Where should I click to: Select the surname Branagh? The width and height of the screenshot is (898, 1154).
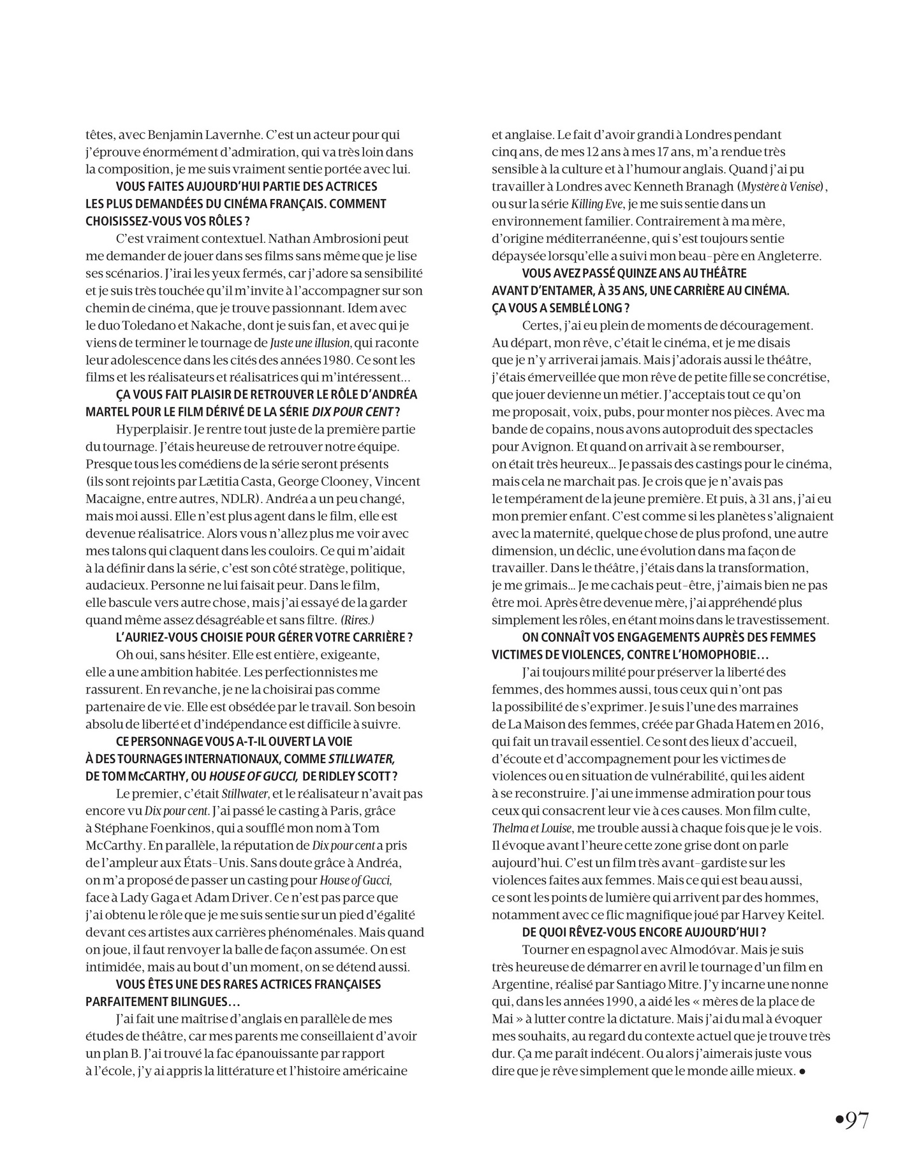point(701,187)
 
